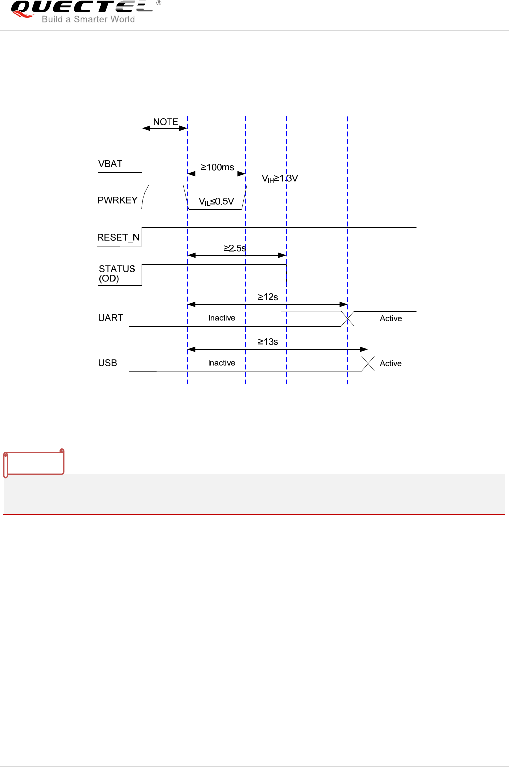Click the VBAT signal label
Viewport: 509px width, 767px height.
(x=110, y=164)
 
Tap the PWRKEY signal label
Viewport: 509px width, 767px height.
(x=117, y=200)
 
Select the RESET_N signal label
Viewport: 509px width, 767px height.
(x=118, y=237)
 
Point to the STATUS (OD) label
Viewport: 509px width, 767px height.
(x=117, y=273)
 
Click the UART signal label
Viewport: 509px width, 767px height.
(x=111, y=318)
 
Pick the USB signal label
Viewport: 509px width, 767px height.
(x=108, y=363)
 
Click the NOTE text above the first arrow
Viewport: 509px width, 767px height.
(x=166, y=122)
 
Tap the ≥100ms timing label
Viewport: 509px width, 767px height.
(x=217, y=167)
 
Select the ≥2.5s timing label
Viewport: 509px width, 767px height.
(x=234, y=248)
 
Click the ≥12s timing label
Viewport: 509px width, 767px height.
(x=268, y=297)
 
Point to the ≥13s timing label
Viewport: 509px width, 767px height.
(x=268, y=342)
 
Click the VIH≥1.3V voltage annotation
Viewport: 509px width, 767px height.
(x=280, y=178)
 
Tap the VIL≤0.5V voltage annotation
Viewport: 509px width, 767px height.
(x=216, y=201)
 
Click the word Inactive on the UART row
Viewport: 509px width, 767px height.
(x=222, y=318)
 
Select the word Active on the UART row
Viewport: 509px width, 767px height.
(x=391, y=318)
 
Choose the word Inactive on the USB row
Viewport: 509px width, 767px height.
(x=222, y=363)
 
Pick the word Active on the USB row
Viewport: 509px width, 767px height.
(x=391, y=363)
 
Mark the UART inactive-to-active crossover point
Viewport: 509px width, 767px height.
(x=348, y=318)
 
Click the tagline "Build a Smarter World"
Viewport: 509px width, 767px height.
(x=88, y=19)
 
